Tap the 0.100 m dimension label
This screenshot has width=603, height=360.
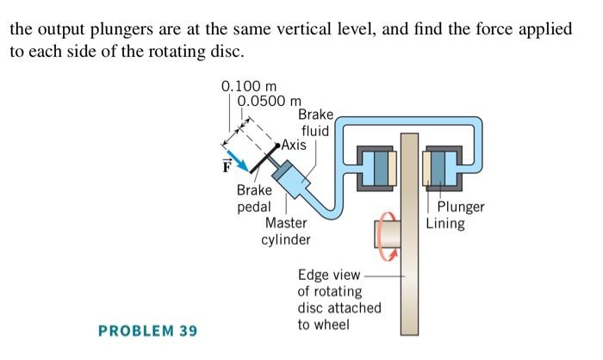click(244, 87)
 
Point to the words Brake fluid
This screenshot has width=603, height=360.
click(314, 123)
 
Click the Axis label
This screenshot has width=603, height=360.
click(293, 145)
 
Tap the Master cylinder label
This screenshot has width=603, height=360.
click(286, 231)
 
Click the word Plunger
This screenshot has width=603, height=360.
click(461, 207)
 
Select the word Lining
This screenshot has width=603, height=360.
click(445, 224)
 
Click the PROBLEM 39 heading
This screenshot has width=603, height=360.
click(147, 331)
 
